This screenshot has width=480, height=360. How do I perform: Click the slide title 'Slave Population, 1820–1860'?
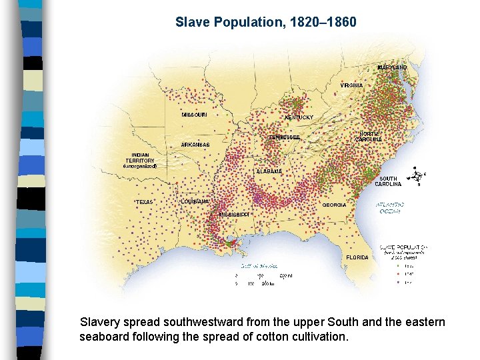coord(266,22)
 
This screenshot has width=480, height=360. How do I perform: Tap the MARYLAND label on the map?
coord(392,67)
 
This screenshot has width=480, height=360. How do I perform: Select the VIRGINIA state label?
coord(351,86)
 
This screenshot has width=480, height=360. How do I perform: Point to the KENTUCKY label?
coord(299,117)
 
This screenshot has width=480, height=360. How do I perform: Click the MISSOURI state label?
coord(194,115)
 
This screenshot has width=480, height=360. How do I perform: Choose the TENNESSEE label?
coord(285,137)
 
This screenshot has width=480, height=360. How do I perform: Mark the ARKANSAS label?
coord(195,145)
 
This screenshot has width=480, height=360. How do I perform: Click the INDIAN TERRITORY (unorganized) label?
coord(140,160)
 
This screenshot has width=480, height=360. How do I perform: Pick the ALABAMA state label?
coord(269,171)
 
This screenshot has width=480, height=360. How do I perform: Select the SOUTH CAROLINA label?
coord(388,181)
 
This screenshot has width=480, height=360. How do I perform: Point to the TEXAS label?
coord(144,201)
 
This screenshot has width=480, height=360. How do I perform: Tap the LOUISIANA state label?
coord(195,201)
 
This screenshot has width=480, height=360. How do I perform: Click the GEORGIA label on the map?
coord(334,205)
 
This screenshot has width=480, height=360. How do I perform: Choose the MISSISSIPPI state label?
coord(235,215)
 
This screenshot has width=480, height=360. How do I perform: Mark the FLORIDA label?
coord(357,257)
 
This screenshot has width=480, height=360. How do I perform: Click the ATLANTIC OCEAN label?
coord(389,208)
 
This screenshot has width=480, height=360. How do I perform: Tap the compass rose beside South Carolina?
coord(417,176)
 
